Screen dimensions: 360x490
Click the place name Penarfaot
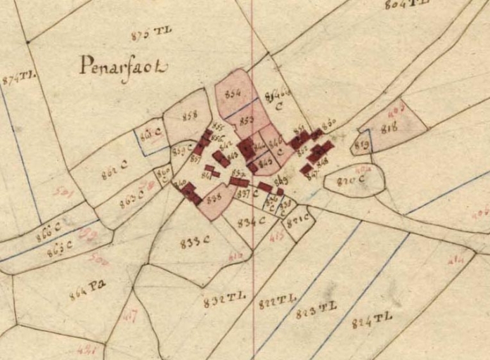124,67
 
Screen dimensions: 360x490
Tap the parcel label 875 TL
151,32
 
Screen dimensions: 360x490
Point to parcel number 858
190,116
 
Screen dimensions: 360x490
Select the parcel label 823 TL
316,309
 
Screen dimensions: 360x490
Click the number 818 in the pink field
389,128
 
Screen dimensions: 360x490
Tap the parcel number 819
362,145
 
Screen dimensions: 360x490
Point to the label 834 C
250,222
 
